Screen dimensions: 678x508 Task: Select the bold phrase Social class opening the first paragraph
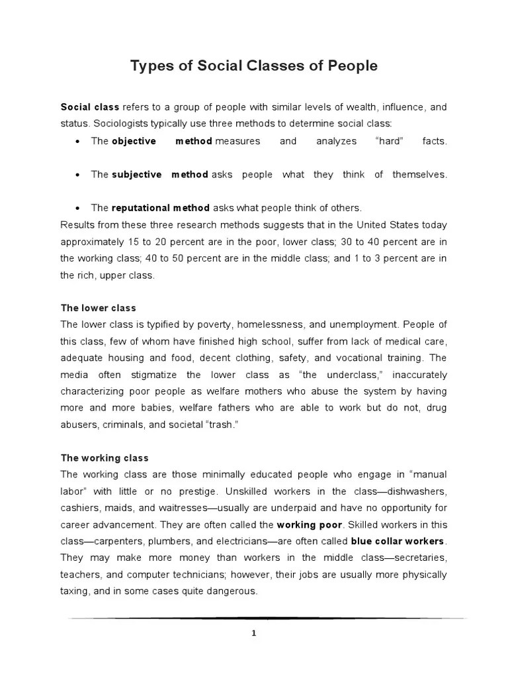click(90, 107)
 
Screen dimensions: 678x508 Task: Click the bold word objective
click(134, 141)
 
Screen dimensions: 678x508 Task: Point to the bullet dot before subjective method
click(78, 175)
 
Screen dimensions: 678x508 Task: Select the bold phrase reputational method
click(161, 208)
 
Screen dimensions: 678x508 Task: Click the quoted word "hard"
click(388, 141)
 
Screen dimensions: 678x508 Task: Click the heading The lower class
click(98, 309)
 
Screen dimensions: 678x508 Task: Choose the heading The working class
click(105, 458)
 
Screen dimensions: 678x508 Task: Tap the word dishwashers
click(415, 491)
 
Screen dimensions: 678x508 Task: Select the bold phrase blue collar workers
click(398, 541)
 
